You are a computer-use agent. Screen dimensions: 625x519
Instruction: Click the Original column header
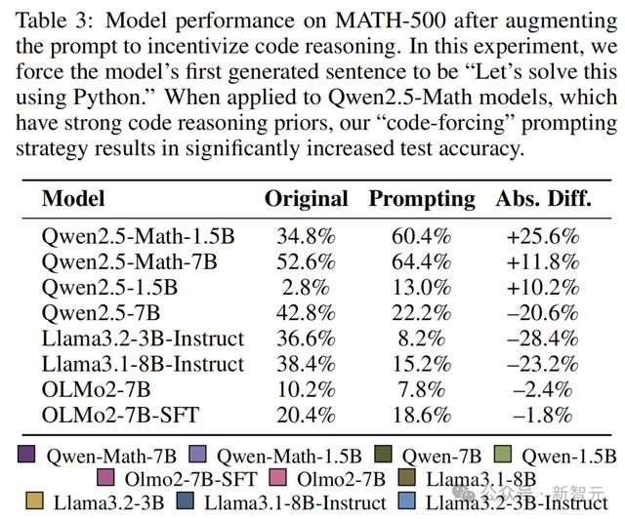click(306, 199)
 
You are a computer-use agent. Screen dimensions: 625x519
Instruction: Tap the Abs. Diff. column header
click(543, 198)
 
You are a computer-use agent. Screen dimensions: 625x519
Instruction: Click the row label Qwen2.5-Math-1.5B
click(138, 236)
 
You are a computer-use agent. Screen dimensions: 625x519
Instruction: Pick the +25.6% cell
click(543, 237)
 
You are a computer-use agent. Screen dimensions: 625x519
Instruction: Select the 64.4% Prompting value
click(421, 262)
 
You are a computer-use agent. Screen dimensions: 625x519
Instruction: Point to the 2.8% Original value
click(306, 288)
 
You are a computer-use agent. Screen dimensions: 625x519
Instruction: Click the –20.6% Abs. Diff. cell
click(543, 313)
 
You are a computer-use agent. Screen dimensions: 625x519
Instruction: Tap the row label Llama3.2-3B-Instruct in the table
click(143, 339)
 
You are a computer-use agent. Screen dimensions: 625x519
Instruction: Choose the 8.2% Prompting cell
click(421, 339)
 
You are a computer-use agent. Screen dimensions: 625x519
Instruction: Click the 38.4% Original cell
click(306, 364)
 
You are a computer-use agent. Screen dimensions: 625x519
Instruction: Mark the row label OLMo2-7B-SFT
click(120, 415)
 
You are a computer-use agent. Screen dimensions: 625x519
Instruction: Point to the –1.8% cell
click(543, 415)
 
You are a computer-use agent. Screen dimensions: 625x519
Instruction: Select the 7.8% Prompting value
click(421, 389)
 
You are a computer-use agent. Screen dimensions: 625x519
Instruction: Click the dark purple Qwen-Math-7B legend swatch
click(26, 454)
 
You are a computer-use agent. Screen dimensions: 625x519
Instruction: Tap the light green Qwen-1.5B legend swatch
click(502, 454)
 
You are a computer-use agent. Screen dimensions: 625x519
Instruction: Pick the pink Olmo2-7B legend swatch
click(277, 478)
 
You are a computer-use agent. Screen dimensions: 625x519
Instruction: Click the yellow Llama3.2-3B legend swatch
click(34, 500)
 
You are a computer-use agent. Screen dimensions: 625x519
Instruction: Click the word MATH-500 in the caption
click(391, 20)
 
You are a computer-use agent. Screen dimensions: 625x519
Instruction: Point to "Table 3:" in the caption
click(55, 20)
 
